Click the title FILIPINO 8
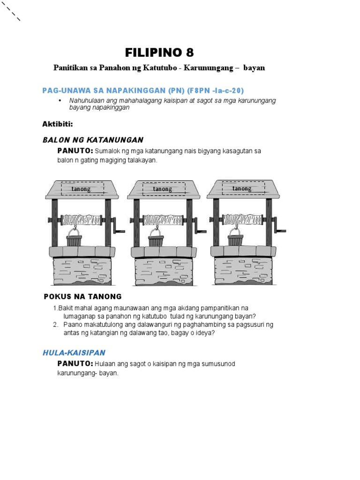coord(159,52)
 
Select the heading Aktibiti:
coord(58,124)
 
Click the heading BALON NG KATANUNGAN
coord(93,140)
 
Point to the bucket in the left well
coord(74,239)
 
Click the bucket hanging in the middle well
coord(156,239)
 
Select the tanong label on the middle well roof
coord(163,189)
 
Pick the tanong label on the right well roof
coord(242,188)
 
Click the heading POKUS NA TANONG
coord(82,296)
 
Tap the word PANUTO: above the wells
coord(75,151)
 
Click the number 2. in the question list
coord(56,324)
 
